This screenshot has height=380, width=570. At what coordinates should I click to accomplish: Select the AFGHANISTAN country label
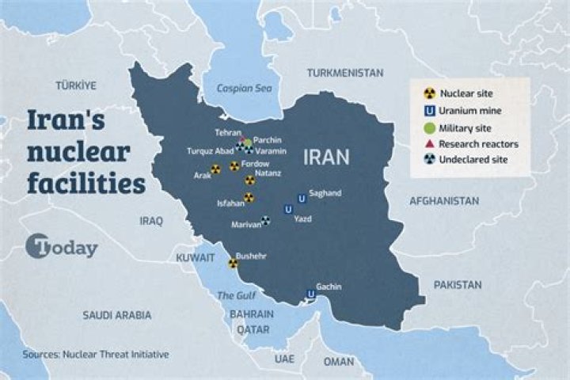tap(443, 201)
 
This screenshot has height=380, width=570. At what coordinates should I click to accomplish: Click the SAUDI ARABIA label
tap(116, 314)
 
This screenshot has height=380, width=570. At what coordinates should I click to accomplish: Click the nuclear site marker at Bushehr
tap(233, 264)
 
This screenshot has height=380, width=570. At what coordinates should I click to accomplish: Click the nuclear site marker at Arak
tap(215, 168)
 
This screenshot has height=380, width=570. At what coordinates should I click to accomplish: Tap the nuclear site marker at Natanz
tap(249, 180)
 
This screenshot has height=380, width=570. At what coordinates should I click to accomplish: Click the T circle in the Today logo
tap(36, 247)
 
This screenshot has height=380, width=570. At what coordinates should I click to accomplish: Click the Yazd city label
tap(302, 218)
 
